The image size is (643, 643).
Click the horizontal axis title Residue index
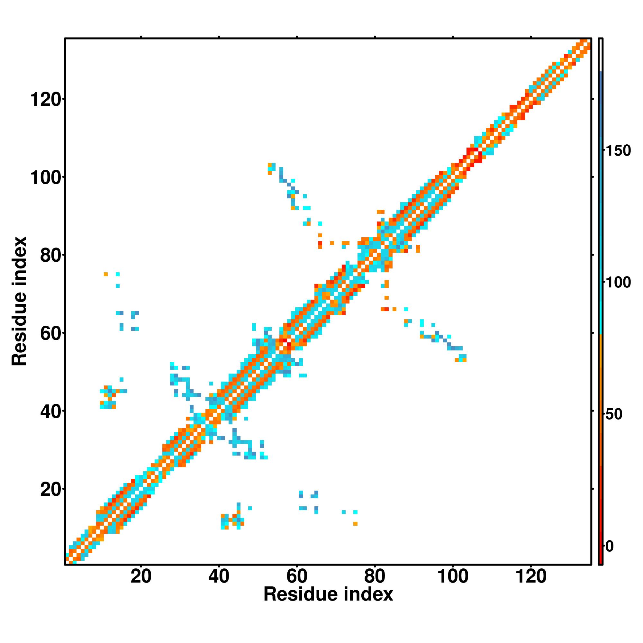point(328,594)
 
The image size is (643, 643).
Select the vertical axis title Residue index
point(19,301)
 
